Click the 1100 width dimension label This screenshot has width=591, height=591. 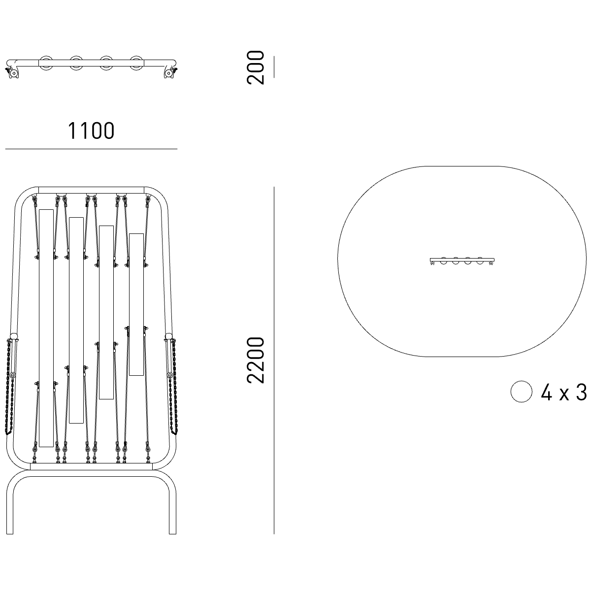(91, 131)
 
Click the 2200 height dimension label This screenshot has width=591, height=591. (256, 361)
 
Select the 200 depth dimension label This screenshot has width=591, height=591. (256, 67)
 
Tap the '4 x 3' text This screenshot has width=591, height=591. (564, 393)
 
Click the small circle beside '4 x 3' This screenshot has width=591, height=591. (522, 392)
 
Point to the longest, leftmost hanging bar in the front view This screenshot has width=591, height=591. (46, 328)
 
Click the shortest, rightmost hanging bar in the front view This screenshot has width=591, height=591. (136, 304)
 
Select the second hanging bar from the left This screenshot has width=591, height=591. (76, 320)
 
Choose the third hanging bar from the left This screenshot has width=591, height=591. (106, 313)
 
